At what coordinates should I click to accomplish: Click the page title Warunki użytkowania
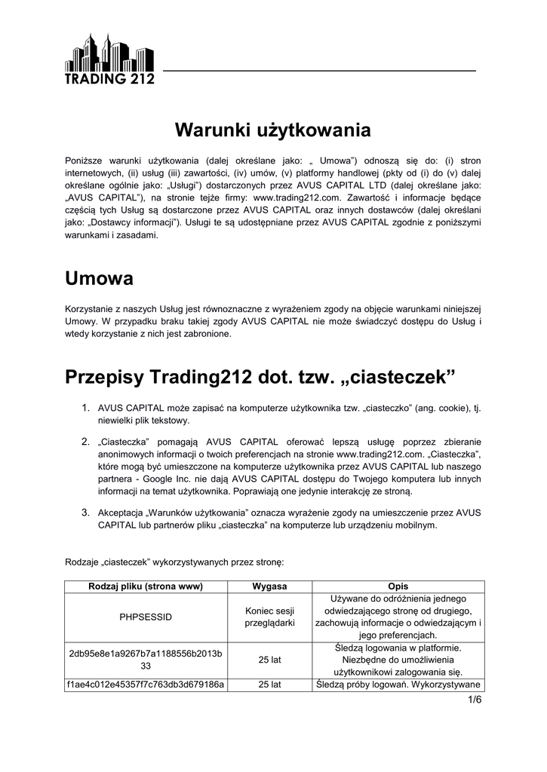pyautogui.click(x=273, y=130)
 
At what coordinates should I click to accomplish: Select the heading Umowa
pyautogui.click(x=99, y=278)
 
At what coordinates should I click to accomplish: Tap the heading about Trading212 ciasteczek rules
pyautogui.click(x=261, y=375)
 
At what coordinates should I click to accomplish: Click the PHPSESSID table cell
pyautogui.click(x=146, y=617)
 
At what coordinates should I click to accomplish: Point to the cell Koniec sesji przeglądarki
pyautogui.click(x=269, y=617)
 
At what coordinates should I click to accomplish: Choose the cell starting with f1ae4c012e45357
pyautogui.click(x=146, y=685)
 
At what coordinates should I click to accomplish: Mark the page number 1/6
pyautogui.click(x=474, y=700)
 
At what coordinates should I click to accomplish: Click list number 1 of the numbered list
pyautogui.click(x=86, y=408)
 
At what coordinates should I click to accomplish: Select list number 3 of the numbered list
pyautogui.click(x=86, y=513)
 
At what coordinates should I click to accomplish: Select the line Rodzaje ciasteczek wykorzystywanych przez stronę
pyautogui.click(x=174, y=562)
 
